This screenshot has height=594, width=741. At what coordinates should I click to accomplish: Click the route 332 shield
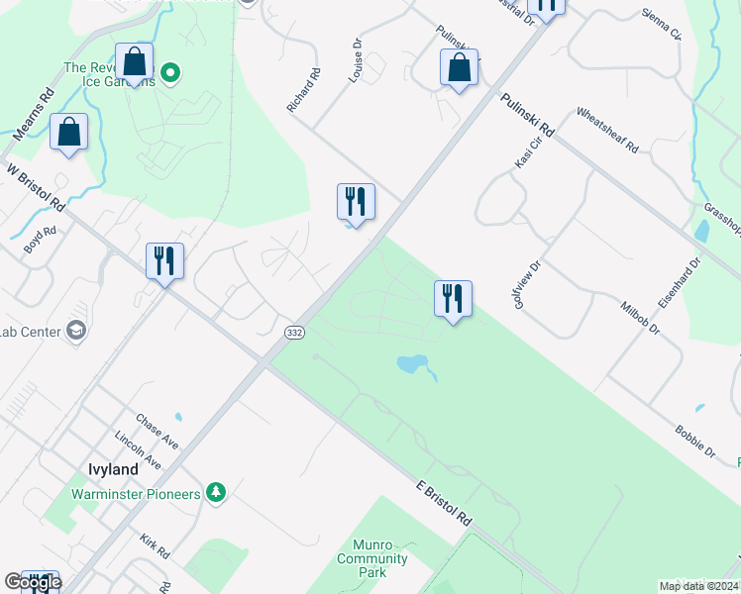(x=294, y=334)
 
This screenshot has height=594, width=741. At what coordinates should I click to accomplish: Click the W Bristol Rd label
(x=35, y=187)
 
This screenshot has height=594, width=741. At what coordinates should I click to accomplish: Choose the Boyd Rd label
(x=41, y=240)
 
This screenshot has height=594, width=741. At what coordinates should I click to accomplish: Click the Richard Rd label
(x=305, y=90)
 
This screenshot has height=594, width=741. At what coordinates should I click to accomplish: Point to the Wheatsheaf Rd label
(x=607, y=131)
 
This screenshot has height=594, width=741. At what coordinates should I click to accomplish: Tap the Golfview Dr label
(x=528, y=284)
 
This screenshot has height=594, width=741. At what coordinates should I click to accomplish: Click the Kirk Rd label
(x=155, y=546)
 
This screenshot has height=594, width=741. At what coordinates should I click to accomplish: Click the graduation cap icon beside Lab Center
(x=75, y=332)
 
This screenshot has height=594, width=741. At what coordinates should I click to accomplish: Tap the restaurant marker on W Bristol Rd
(x=164, y=262)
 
